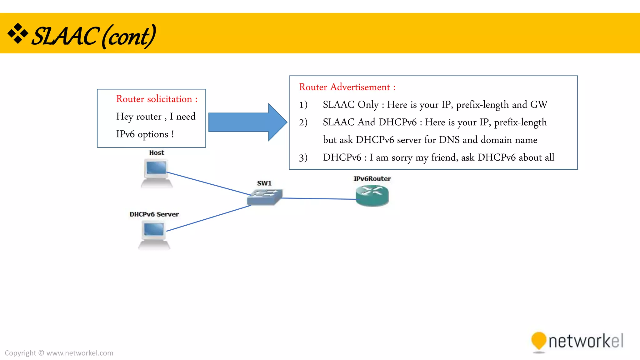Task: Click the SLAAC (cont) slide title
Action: (94, 36)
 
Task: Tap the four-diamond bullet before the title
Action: (18, 33)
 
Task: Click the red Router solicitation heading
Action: (157, 99)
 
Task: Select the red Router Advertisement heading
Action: (347, 87)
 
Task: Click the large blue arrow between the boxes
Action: (247, 122)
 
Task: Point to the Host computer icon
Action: (157, 173)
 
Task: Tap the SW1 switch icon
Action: (265, 197)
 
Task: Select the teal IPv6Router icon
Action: (372, 196)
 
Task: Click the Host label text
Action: (157, 153)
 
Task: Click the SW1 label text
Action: (264, 183)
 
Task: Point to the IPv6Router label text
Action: (372, 179)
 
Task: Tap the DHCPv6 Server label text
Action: (154, 214)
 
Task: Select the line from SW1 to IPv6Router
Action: (319, 198)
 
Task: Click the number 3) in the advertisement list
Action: (303, 157)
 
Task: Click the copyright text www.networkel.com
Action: (80, 353)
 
